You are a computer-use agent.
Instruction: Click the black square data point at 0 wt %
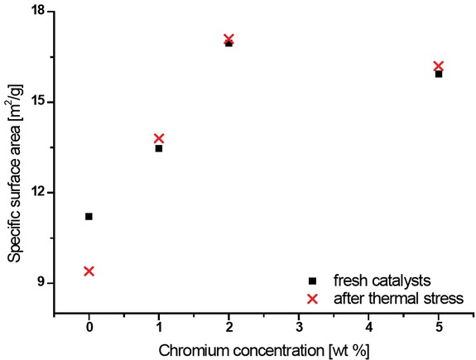click(89, 216)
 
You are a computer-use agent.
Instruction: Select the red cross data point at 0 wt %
click(89, 271)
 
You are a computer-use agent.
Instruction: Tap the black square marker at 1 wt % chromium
click(159, 148)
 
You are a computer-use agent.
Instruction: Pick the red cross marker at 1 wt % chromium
click(159, 138)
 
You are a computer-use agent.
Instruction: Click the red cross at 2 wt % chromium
click(228, 39)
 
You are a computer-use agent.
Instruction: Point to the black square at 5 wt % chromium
click(439, 74)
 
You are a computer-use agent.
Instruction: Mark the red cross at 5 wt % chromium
click(439, 65)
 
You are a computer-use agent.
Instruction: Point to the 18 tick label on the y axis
click(39, 12)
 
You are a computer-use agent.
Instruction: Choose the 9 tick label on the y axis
click(42, 283)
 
